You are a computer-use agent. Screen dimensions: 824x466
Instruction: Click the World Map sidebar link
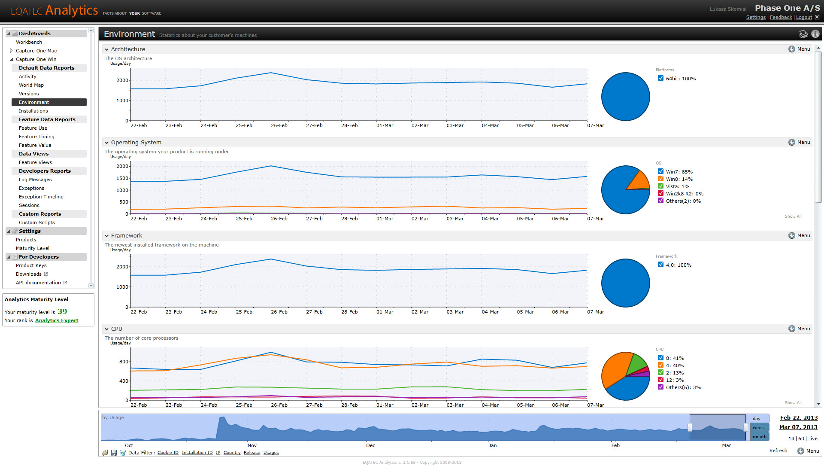pyautogui.click(x=31, y=85)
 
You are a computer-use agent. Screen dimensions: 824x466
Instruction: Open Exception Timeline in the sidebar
pyautogui.click(x=41, y=197)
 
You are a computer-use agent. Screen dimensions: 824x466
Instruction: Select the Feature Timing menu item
pyautogui.click(x=36, y=137)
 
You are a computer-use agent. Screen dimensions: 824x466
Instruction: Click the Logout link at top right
pyautogui.click(x=804, y=17)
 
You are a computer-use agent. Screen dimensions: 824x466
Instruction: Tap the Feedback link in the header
pyautogui.click(x=781, y=17)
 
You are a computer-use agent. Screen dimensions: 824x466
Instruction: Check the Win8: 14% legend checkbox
pyautogui.click(x=661, y=179)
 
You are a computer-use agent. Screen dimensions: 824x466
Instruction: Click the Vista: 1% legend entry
pyautogui.click(x=677, y=186)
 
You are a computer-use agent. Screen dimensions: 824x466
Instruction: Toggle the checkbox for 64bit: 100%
pyautogui.click(x=661, y=78)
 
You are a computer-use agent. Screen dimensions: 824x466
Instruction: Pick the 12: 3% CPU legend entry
pyautogui.click(x=675, y=380)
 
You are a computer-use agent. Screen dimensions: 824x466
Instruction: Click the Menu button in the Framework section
pyautogui.click(x=799, y=235)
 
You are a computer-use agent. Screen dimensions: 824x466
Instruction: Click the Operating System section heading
pyautogui.click(x=136, y=142)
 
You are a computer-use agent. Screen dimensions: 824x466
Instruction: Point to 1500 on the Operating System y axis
pyautogui.click(x=122, y=178)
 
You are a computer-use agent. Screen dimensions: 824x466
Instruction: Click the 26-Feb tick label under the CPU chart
pyautogui.click(x=279, y=405)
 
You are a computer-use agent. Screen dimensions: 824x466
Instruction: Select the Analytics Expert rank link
pyautogui.click(x=57, y=320)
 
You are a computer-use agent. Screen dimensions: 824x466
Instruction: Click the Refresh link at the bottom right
pyautogui.click(x=778, y=451)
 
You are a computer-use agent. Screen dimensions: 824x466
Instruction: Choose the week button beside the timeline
pyautogui.click(x=758, y=428)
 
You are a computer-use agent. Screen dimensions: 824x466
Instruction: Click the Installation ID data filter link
pyautogui.click(x=197, y=453)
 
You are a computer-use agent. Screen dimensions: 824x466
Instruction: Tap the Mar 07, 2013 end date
pyautogui.click(x=798, y=427)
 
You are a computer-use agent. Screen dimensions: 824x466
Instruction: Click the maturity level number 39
pyautogui.click(x=62, y=311)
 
